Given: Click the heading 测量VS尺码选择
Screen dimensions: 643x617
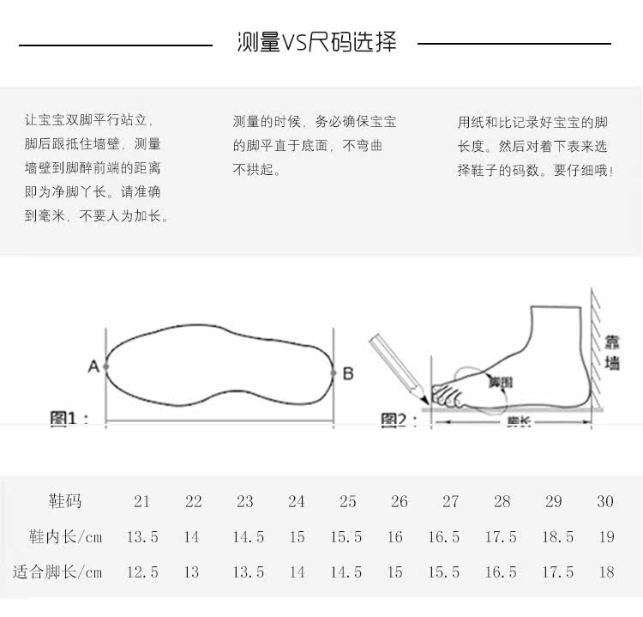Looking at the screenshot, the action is point(316,42).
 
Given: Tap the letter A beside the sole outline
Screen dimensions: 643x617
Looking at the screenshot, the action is point(93,367).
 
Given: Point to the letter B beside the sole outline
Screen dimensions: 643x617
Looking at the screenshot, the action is point(347,373).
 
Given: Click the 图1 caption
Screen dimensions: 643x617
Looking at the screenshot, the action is point(69,419).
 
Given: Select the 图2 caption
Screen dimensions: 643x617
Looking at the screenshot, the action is point(399,420).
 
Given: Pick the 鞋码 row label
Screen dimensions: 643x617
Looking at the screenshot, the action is point(65,501).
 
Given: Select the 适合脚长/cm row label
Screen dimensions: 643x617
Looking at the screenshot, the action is point(57,572).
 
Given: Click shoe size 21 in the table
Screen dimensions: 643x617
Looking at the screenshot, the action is point(142,502).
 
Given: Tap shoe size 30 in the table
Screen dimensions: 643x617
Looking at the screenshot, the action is point(605,502).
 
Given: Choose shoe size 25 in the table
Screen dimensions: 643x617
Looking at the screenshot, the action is point(347,502).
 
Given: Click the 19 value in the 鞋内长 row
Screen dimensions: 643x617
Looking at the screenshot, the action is point(606,537).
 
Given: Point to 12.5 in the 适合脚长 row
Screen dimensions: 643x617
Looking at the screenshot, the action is point(142,572).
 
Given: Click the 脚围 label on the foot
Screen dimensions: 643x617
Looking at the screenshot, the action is point(500,382).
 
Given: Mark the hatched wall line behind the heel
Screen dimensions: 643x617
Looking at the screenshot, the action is point(592,352).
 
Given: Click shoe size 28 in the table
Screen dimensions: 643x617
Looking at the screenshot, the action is point(502,502).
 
